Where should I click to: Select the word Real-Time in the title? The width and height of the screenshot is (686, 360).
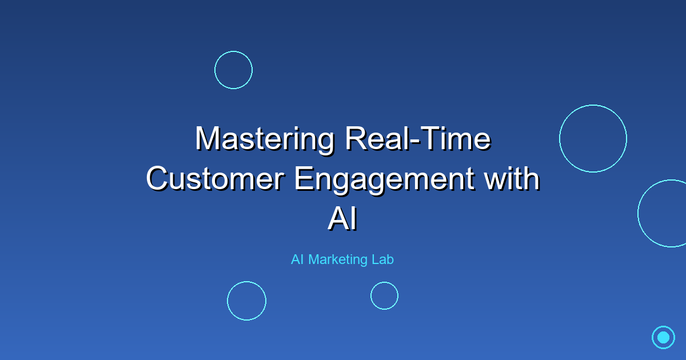coord(417,139)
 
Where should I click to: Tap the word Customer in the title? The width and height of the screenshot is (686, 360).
coord(216,179)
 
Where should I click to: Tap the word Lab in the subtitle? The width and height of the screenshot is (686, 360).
coord(382,259)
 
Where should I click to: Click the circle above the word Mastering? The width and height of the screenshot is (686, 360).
coord(233,70)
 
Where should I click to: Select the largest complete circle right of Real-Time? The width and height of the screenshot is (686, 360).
coord(593,138)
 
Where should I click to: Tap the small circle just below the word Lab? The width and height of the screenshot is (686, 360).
coord(384,295)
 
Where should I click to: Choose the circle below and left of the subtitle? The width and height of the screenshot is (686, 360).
coord(246,301)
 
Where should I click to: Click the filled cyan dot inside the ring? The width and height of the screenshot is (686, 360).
coord(663,337)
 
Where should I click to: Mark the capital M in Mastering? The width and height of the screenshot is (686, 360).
coord(206,139)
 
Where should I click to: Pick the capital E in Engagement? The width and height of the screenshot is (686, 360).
coord(304,179)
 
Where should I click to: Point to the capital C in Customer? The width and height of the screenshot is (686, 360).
coord(158,179)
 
